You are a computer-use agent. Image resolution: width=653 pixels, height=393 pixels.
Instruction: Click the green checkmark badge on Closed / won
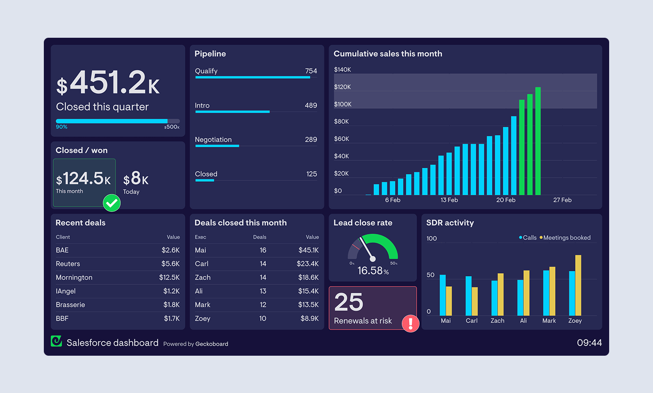111,203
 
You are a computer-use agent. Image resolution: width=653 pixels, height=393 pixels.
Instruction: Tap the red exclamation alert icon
410,323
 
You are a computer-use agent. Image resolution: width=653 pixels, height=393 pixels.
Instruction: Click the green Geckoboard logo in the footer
56,341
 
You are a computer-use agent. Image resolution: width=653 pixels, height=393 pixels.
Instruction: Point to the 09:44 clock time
589,343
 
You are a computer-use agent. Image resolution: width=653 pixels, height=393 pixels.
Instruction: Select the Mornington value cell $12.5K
169,277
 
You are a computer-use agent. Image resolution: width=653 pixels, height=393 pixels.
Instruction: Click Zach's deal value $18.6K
308,277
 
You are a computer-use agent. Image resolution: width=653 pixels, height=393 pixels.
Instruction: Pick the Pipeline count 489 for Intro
311,105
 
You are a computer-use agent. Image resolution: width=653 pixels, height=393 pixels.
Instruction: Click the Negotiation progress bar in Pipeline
217,146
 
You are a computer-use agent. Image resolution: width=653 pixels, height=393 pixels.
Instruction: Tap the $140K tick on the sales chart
342,69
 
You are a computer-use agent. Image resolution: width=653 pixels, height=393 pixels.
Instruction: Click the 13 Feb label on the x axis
449,200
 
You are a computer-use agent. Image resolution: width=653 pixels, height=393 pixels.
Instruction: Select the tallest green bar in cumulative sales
538,141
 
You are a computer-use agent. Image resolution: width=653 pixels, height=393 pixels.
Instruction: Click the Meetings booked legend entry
566,238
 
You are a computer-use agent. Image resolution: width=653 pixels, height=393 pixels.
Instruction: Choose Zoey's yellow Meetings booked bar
578,285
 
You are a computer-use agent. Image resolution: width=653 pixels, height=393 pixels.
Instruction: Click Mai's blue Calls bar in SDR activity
443,295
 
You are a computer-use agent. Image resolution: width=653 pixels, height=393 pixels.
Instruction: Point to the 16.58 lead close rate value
370,271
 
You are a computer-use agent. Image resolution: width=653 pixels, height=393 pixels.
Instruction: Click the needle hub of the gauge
373,259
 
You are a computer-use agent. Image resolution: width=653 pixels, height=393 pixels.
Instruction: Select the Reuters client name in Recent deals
68,264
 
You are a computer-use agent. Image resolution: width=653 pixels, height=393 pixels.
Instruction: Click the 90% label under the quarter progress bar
62,127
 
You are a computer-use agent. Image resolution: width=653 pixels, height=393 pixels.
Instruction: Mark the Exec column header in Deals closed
200,237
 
